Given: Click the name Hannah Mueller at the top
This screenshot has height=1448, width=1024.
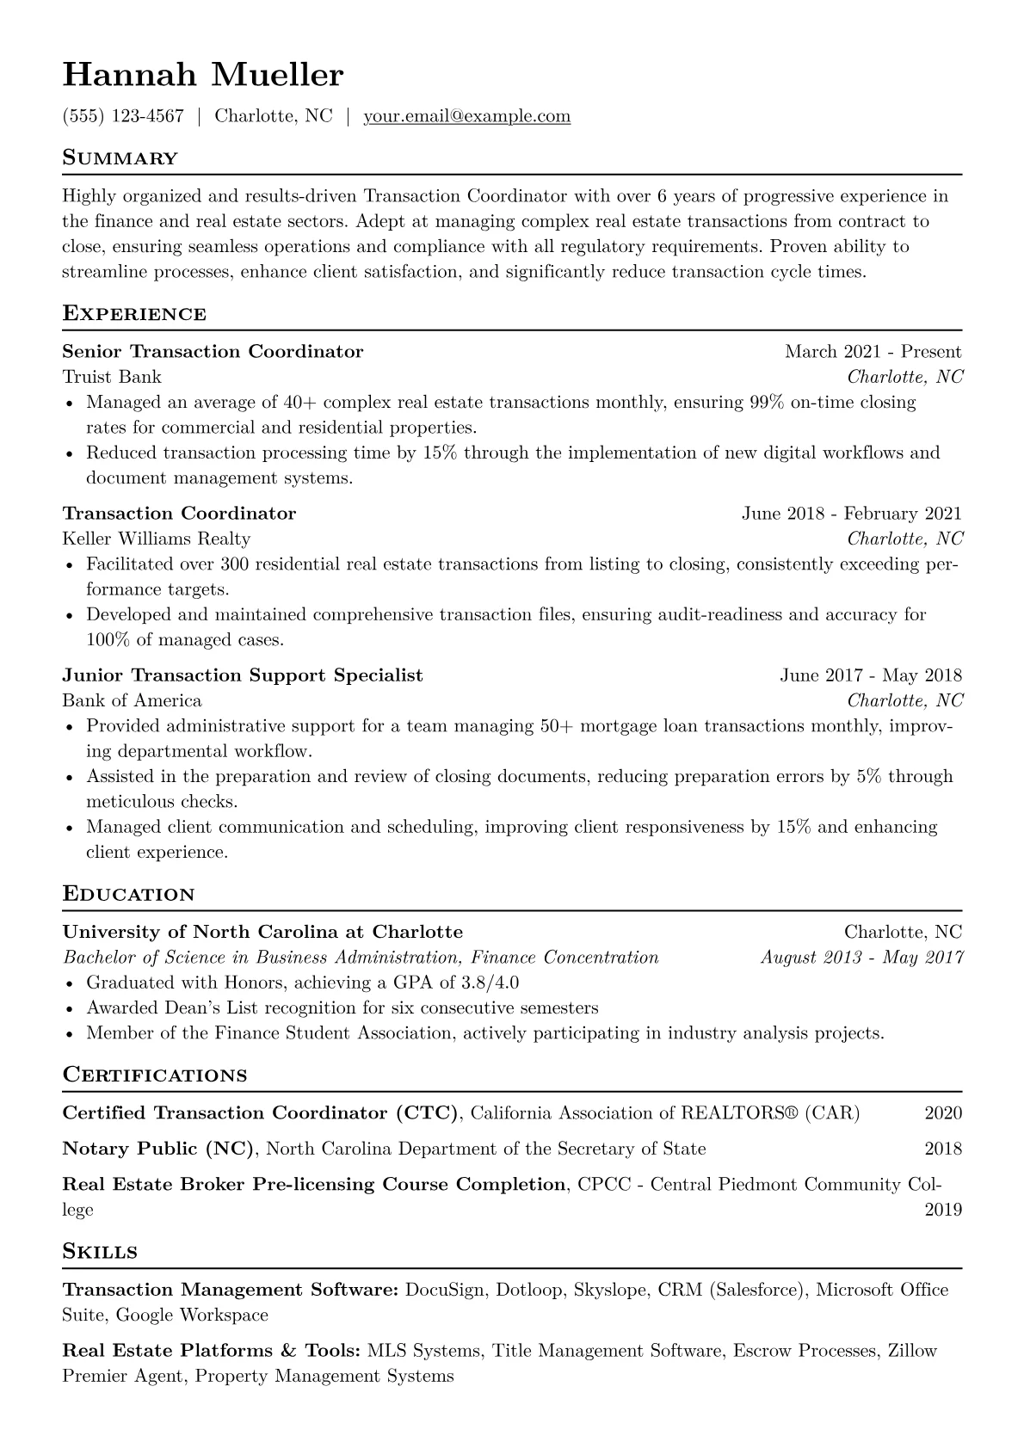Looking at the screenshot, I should (203, 76).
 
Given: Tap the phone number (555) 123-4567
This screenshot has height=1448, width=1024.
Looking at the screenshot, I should (123, 116).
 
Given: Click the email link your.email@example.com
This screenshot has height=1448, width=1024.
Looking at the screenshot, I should (466, 116).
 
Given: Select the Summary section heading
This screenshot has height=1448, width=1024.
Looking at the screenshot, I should (120, 158).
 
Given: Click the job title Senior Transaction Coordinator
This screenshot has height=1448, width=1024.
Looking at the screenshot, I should (213, 351).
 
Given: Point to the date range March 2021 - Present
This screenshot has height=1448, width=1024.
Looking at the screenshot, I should (873, 351).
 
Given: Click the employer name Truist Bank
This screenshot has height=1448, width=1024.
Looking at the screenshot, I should (112, 377).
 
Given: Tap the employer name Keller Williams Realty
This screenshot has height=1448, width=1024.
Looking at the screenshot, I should (157, 539).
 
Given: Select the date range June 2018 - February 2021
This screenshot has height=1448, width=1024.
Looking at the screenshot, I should (851, 514).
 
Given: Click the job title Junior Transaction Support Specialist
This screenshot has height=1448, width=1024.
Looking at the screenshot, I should (243, 675).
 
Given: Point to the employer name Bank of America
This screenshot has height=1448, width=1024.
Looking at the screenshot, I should (132, 700).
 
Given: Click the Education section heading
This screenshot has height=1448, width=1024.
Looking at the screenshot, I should (129, 895).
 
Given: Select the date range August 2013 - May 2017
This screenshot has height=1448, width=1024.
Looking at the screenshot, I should (861, 958).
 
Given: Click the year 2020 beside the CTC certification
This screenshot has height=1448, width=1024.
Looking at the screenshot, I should (943, 1113).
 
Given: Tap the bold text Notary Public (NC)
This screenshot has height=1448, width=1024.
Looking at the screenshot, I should (159, 1149).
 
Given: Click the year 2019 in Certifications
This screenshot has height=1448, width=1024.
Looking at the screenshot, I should (943, 1210).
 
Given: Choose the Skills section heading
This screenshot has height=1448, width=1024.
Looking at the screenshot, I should (100, 1252).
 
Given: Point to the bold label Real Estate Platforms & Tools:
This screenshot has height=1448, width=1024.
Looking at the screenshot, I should (212, 1351).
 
